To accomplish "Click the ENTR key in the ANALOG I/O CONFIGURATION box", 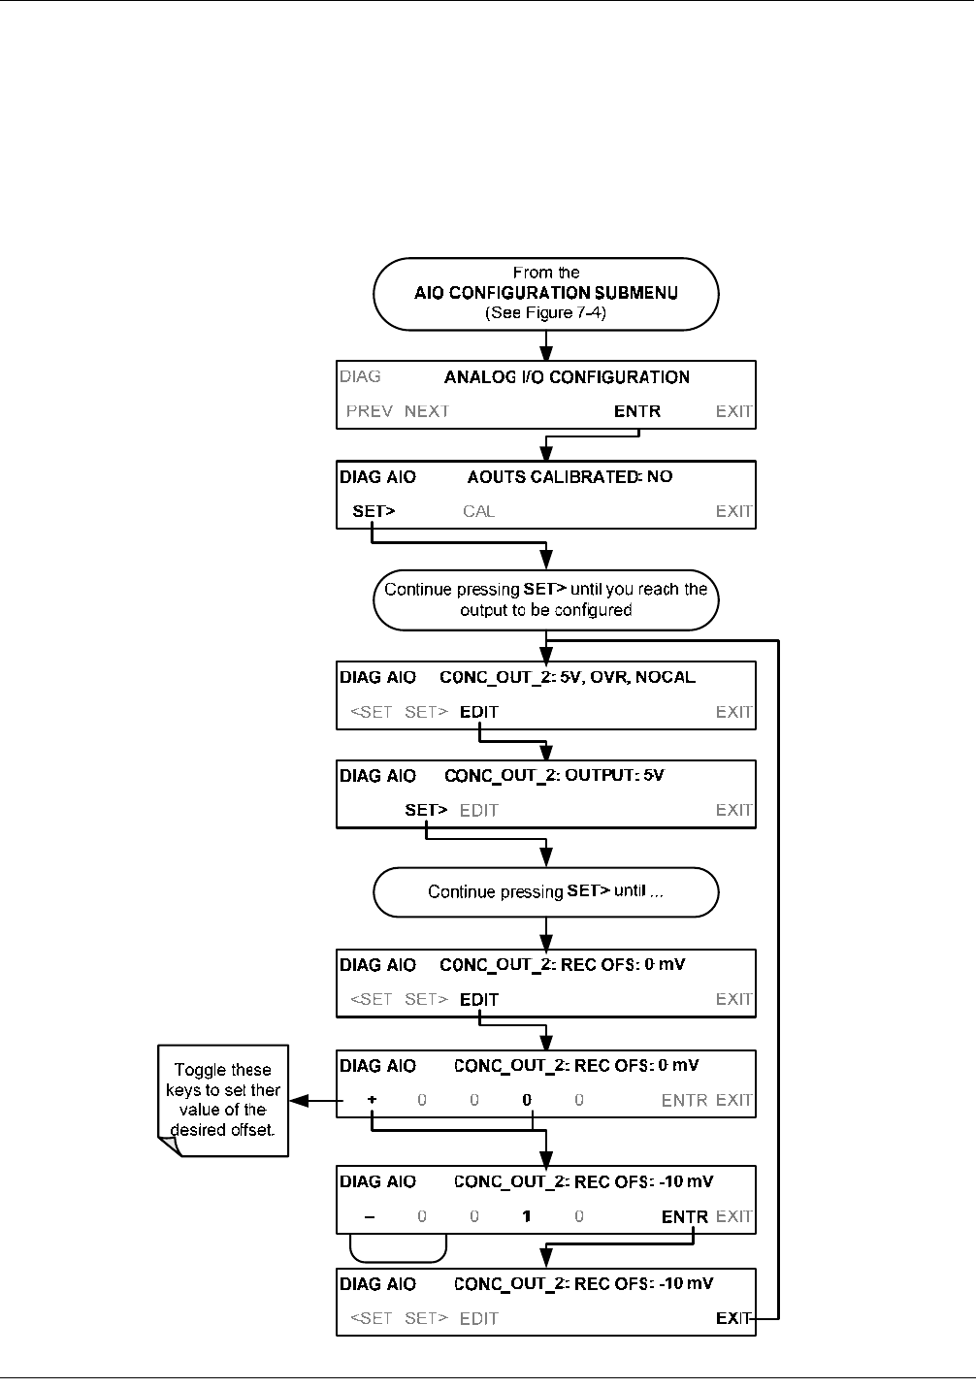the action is (637, 411).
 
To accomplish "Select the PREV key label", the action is (370, 411).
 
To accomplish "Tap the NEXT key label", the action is (427, 411).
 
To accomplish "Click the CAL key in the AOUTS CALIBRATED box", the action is (478, 511).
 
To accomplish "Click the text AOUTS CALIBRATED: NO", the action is (570, 476).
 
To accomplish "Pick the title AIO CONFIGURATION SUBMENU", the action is (546, 293).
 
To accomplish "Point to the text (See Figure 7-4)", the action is (546, 312).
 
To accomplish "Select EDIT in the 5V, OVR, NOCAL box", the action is (479, 712).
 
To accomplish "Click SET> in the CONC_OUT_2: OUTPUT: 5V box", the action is (426, 810).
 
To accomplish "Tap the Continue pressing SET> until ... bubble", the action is (546, 891).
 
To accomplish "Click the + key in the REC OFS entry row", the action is (372, 1100).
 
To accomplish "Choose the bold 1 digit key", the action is (527, 1216).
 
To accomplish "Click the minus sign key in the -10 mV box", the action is (370, 1217).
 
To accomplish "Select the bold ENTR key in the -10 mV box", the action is (685, 1217).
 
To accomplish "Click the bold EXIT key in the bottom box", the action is (733, 1318).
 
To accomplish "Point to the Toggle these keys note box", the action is (223, 1101).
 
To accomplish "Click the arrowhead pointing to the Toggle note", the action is (299, 1101).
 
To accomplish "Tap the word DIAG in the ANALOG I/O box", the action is (360, 376).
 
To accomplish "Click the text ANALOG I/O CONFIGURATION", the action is (567, 376).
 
